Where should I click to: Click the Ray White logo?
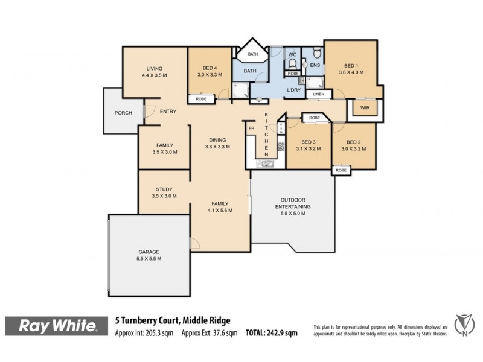pos(59,326)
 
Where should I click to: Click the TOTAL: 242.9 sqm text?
pos(272,332)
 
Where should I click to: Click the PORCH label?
pos(123,112)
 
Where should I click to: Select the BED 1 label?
pos(351,66)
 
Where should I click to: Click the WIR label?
pos(364,108)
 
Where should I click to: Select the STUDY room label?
pos(164,188)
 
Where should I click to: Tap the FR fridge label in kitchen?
pos(251,128)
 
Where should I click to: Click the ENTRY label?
pos(168,110)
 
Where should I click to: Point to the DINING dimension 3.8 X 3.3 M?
pos(219,146)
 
